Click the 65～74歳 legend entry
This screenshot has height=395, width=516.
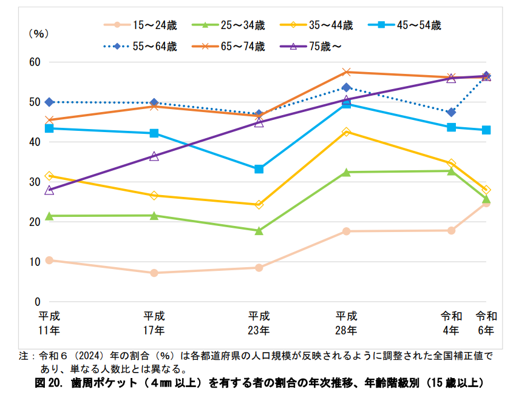point(235,46)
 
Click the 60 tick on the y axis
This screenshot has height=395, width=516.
point(34,62)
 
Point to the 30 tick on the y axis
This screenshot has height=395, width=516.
point(34,182)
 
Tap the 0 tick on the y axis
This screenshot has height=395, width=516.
point(37,302)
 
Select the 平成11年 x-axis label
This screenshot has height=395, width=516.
point(49,323)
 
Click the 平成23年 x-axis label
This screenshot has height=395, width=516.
point(259,323)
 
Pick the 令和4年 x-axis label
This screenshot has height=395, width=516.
point(452,323)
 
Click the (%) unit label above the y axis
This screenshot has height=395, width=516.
point(38,35)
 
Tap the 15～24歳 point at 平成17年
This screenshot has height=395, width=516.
point(154,273)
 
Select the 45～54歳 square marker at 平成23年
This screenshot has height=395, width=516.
point(259,169)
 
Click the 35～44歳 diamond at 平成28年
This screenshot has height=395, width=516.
point(347,131)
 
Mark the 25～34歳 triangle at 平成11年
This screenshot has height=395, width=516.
point(49,216)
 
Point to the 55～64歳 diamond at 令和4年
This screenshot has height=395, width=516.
point(451,112)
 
